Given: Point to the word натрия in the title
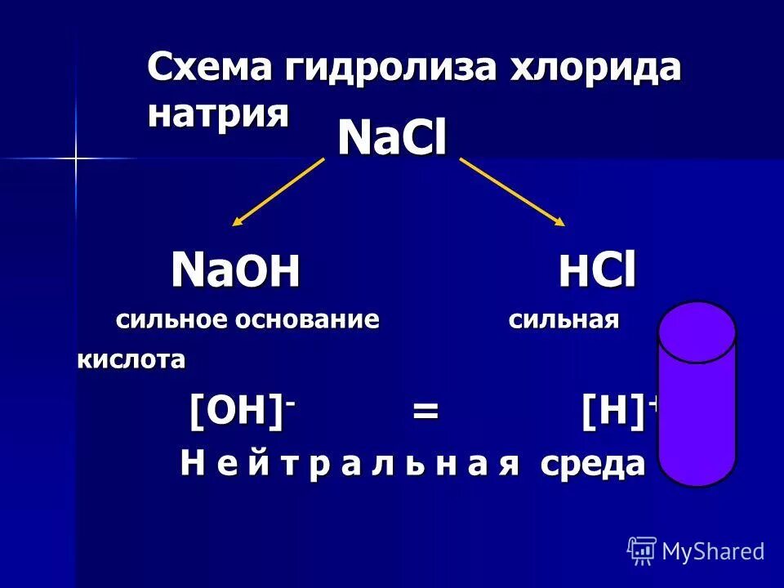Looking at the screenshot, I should pos(218,113).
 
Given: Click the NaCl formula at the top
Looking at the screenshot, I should pos(392,140).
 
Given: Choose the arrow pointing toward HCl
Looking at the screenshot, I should pos(512,191).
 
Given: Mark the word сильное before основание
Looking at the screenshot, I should pos(172,319).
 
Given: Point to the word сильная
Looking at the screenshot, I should pos(563,320).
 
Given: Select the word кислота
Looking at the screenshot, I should pos(131,359).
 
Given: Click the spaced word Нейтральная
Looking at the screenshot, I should pos(350,464).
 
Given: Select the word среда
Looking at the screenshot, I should pos(592,465).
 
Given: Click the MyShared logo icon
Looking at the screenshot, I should pos(642,551).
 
